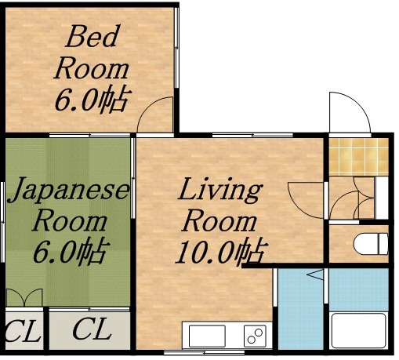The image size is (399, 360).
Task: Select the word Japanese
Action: pos(68,191)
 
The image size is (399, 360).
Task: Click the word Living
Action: pos(219,191)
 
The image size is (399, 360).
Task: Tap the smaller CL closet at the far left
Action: pos(21,333)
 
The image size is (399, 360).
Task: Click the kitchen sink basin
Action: pos(206,336)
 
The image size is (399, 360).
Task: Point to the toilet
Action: pos(371,243)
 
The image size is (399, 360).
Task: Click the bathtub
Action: pos(358,332)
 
